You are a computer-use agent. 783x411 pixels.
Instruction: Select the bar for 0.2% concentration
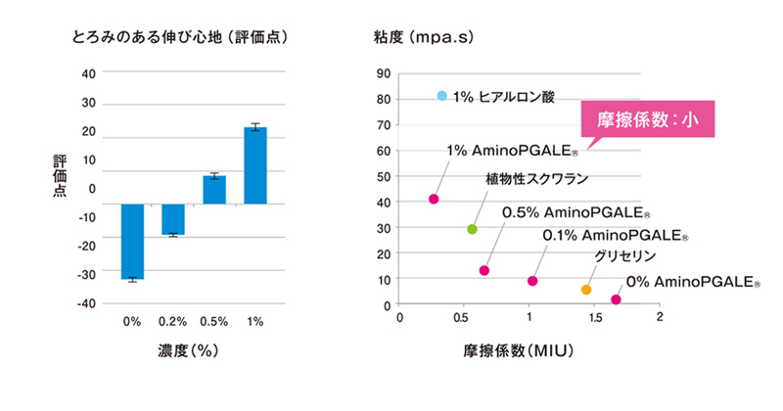(173, 219)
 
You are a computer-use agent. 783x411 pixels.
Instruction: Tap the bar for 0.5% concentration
(214, 190)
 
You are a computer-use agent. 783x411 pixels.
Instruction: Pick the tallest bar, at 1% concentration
(255, 165)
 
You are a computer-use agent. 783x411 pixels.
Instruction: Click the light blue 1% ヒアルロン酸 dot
(442, 96)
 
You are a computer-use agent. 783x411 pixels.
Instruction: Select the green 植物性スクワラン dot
(472, 229)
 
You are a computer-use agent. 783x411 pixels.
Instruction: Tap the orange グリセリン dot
(586, 290)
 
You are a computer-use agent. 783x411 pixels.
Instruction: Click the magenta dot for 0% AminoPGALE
(616, 299)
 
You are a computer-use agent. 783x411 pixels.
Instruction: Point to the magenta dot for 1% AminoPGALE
(434, 200)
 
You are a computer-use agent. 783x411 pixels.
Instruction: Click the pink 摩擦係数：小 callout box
(649, 120)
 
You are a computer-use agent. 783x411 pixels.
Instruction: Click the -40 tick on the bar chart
(87, 304)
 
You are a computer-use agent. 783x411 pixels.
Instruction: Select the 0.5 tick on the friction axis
(464, 319)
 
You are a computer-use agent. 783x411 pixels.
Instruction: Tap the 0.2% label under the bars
(173, 321)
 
